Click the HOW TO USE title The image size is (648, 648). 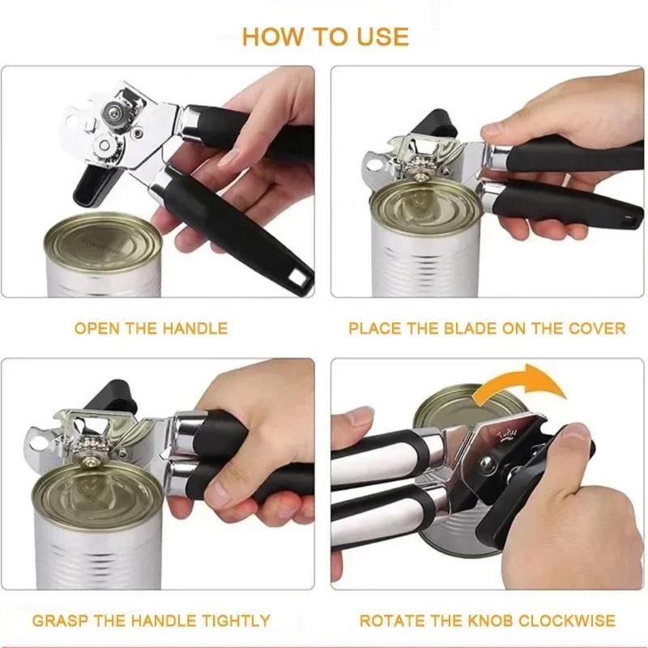pos(326,36)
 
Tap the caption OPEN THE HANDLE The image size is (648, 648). pos(151,329)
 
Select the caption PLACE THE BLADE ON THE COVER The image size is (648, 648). pos(487,329)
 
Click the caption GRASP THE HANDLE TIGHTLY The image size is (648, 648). pos(151,621)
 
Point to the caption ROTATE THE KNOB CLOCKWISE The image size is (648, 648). pos(487,621)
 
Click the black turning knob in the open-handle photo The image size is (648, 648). pos(96,188)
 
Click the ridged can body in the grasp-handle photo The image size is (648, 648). pos(89,559)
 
